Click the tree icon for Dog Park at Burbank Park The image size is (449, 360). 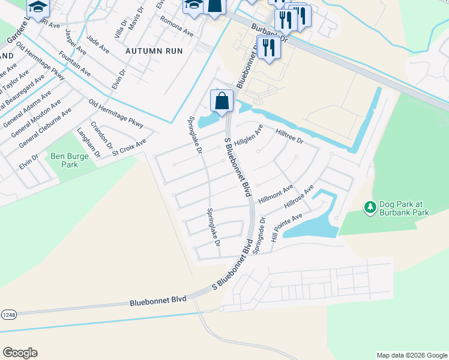(370, 207)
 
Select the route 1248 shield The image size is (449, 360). (9, 314)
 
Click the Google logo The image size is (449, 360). (20, 353)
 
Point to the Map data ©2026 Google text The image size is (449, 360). (411, 355)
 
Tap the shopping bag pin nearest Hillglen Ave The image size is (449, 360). (221, 101)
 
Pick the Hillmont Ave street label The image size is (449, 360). (276, 194)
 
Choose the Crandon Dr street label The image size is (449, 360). (101, 135)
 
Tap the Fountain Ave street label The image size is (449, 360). (74, 63)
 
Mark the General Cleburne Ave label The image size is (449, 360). (45, 127)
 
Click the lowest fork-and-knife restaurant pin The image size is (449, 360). (268, 49)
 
